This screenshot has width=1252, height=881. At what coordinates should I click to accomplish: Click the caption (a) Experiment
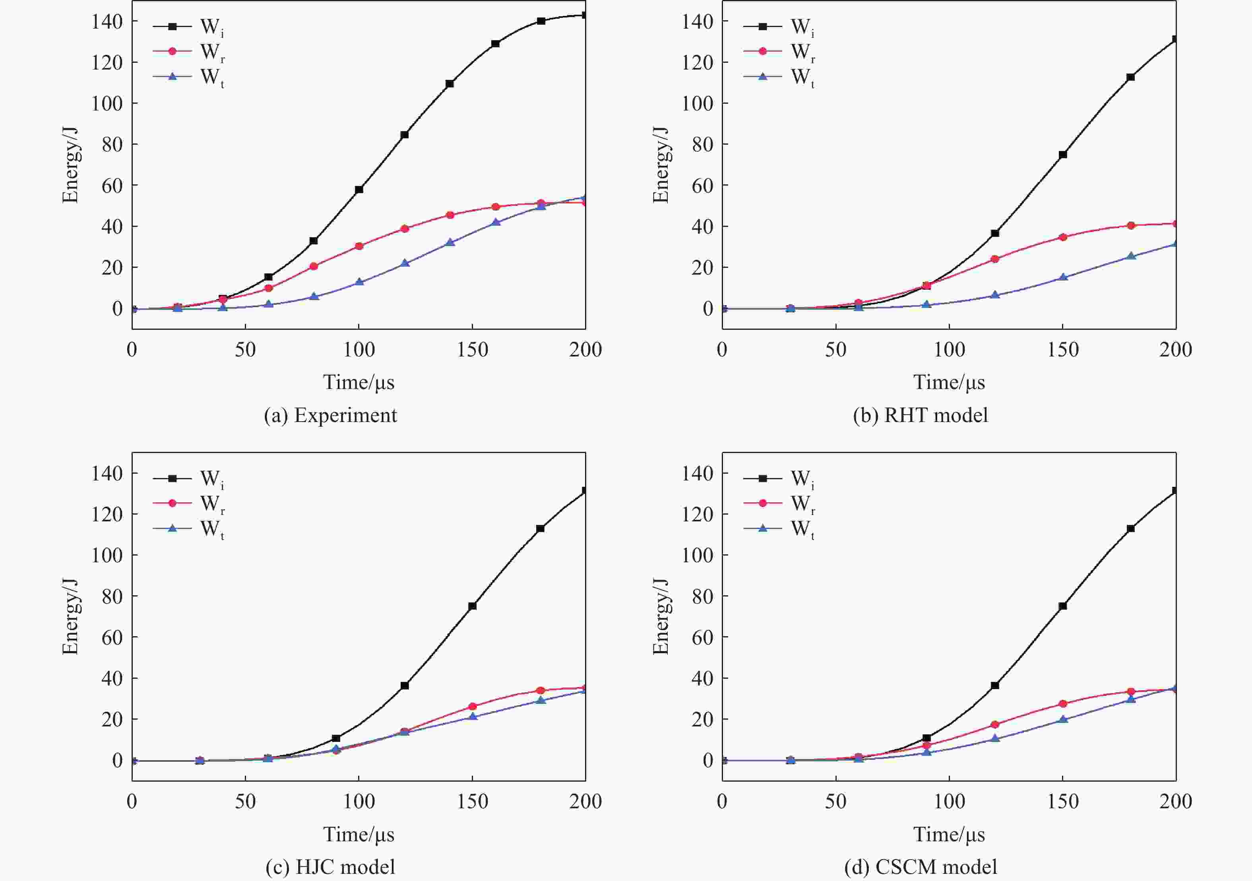click(x=330, y=415)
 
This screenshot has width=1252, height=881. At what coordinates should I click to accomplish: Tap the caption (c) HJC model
click(x=330, y=867)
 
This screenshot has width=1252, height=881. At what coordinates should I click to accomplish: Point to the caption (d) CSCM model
click(x=921, y=867)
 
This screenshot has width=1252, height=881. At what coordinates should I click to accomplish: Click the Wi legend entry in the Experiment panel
click(x=188, y=26)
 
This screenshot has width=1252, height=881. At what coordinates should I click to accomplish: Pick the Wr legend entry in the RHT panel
click(x=779, y=52)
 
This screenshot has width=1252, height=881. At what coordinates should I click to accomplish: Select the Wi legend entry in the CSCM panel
click(x=779, y=478)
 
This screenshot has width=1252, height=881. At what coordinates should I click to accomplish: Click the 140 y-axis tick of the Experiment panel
click(x=107, y=21)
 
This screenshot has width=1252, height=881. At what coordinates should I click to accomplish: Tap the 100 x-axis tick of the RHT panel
click(x=950, y=349)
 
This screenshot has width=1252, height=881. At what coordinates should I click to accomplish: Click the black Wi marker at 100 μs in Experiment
click(x=359, y=190)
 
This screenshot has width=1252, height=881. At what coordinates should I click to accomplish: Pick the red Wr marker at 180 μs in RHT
click(x=1131, y=226)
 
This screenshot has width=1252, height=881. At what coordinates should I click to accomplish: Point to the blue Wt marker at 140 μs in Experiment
click(x=450, y=242)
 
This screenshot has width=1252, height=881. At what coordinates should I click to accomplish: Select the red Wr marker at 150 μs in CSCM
click(x=1063, y=704)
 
